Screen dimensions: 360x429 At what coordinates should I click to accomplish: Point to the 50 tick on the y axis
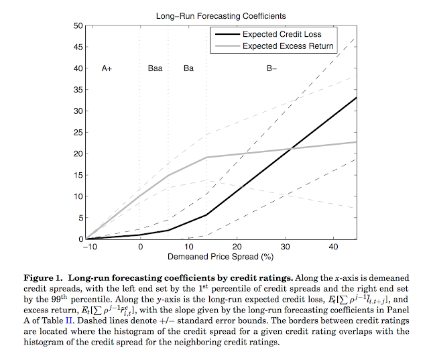tap(78, 25)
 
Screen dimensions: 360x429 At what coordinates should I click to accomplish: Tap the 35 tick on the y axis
tap(78, 89)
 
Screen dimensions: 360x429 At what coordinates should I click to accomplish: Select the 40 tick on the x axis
tap(332, 247)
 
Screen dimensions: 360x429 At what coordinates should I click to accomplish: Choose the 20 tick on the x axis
tap(237, 247)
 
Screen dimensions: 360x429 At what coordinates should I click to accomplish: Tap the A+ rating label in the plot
tap(107, 68)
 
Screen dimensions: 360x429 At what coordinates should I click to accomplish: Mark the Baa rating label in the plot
tap(155, 68)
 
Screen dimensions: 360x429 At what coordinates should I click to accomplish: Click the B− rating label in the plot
tap(272, 68)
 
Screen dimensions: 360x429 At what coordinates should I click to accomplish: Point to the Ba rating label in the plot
tap(188, 68)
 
